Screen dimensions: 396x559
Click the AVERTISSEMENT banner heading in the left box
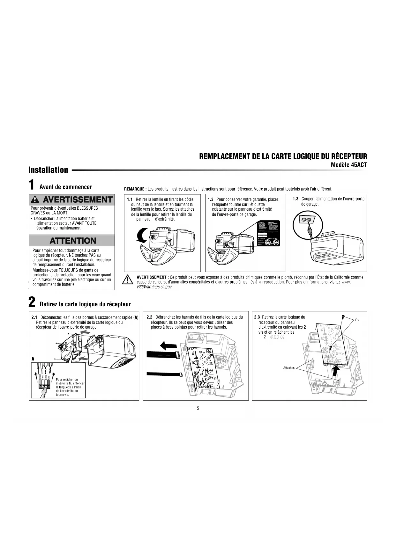(x=72, y=200)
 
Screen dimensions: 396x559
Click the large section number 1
(x=31, y=185)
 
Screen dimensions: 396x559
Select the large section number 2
(x=32, y=302)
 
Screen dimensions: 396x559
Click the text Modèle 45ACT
(x=349, y=165)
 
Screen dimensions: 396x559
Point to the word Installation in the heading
(x=48, y=170)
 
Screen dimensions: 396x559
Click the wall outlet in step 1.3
(x=306, y=220)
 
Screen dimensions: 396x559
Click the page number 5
(x=198, y=408)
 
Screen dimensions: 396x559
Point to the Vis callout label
(x=357, y=319)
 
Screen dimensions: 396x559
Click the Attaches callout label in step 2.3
(x=289, y=368)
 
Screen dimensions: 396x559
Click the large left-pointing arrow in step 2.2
(x=168, y=345)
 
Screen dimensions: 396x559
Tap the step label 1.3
(x=295, y=199)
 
